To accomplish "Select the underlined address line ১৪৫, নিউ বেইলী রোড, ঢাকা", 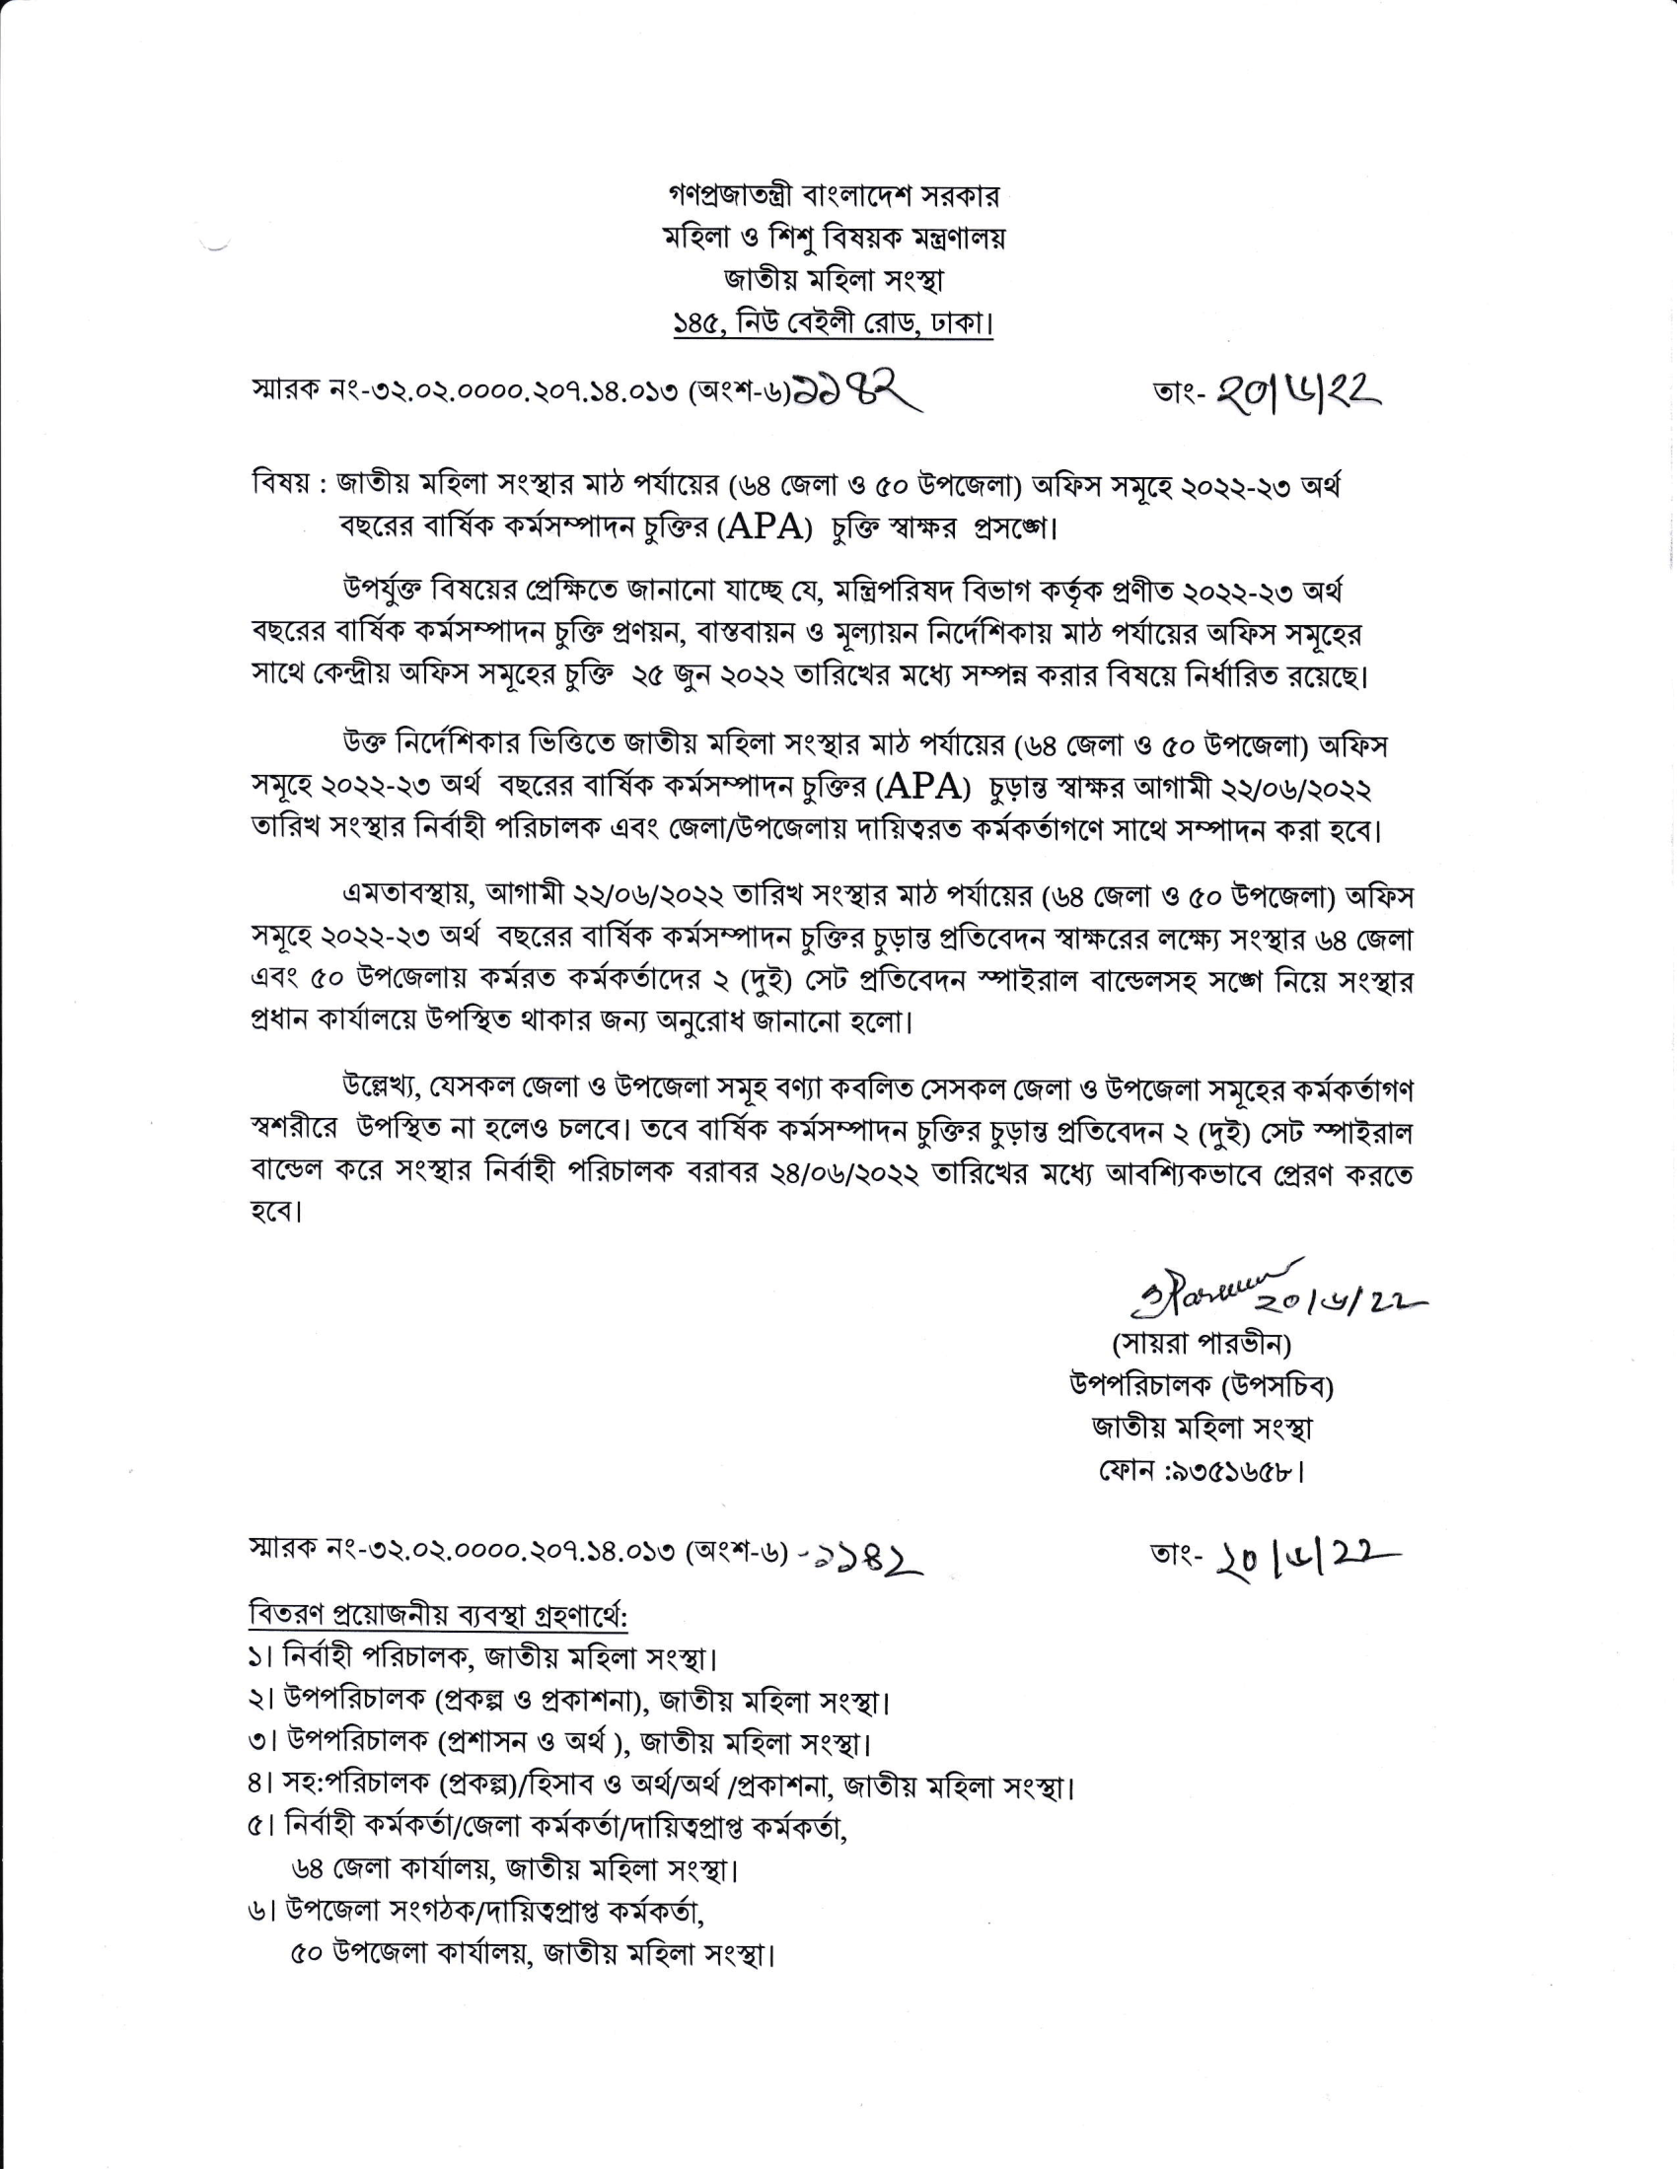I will point(834,324).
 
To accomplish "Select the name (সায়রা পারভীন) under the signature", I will point(1202,1345).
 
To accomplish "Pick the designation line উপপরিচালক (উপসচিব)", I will point(1202,1386).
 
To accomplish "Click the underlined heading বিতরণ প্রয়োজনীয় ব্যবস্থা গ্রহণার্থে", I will point(438,1616).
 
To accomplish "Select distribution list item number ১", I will point(260,1658).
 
